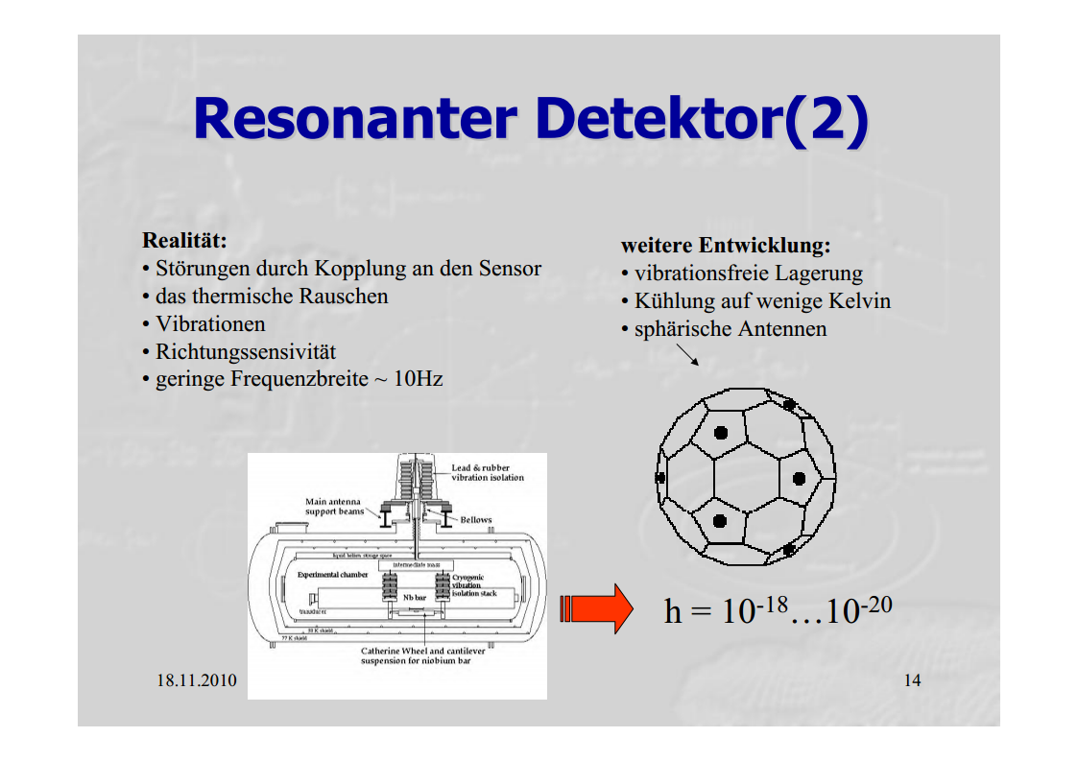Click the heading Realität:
184,239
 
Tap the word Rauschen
343,297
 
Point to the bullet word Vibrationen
210,324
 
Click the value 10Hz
419,379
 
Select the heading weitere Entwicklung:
725,246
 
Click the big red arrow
596,608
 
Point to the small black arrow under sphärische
687,355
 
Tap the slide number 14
912,680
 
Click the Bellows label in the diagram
476,520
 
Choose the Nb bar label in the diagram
414,596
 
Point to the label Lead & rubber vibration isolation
488,473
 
